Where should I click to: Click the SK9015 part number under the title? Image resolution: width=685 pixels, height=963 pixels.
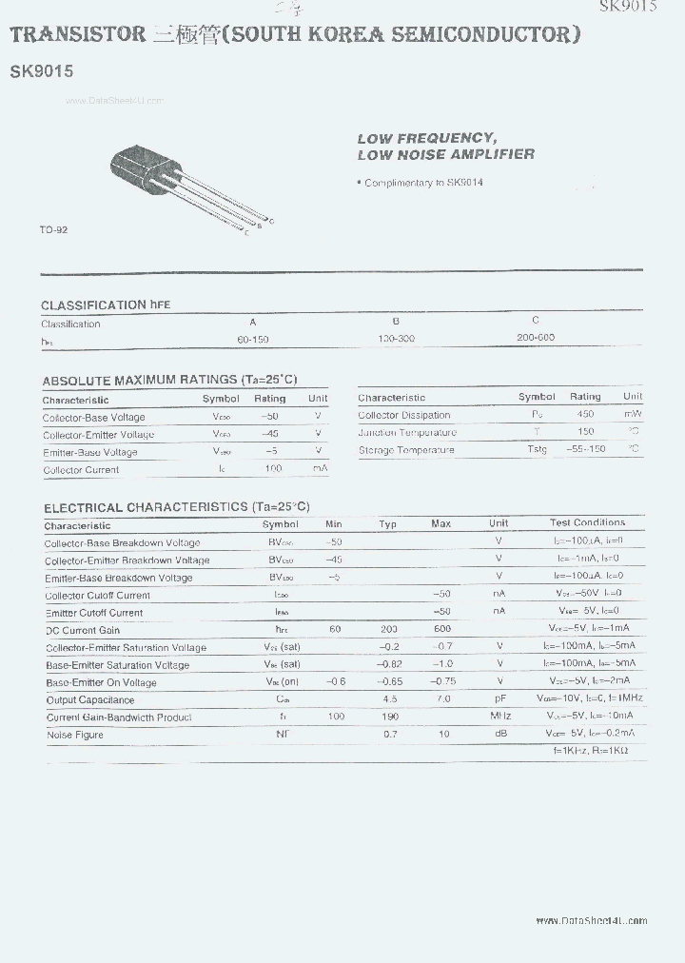pos(41,70)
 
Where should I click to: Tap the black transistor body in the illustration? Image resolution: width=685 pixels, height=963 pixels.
pos(142,170)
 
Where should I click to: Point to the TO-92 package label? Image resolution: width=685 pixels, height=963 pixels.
pos(53,230)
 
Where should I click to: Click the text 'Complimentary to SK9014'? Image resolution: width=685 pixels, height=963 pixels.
pos(423,183)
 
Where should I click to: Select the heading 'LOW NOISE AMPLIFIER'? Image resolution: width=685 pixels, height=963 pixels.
pos(445,154)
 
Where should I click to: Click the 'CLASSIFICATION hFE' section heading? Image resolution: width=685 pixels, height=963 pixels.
pos(106,305)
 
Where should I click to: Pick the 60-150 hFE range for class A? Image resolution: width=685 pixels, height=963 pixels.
pos(254,339)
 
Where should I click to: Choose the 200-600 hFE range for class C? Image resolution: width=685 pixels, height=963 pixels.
pos(536,337)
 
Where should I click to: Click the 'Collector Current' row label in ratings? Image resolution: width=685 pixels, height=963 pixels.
pos(81,470)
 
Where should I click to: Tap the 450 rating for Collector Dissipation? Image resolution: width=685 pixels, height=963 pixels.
pos(585,414)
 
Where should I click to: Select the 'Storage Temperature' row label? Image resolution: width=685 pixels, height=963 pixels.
pos(406,450)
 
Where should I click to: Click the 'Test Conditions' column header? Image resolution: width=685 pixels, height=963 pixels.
pos(587,522)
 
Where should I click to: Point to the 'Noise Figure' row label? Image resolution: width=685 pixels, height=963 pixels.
pos(75,735)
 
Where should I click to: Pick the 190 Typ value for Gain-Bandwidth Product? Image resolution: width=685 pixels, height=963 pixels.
pos(388,717)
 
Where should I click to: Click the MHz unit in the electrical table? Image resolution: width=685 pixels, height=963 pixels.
pos(499,716)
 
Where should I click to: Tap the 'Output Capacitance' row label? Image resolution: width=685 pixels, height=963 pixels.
pos(89,700)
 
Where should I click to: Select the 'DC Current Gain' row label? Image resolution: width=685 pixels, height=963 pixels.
pos(83,630)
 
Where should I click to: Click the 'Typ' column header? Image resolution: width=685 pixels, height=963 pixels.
pos(388,524)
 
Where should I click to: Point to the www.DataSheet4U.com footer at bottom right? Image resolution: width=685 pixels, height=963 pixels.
pos(591,920)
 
